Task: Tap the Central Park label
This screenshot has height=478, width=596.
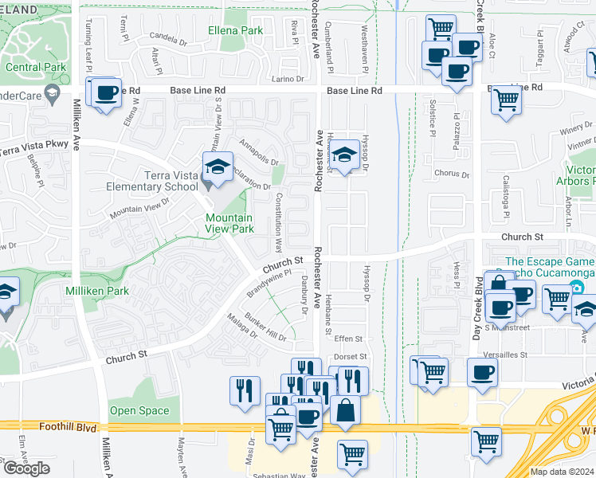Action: (x=34, y=67)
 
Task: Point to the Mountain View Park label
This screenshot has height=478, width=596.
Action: (x=229, y=223)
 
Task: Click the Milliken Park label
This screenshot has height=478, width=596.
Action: (x=97, y=292)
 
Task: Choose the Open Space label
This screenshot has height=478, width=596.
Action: (x=139, y=411)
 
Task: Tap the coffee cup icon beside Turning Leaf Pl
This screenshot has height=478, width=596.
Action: (x=106, y=93)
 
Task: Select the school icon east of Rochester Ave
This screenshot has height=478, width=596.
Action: (x=344, y=155)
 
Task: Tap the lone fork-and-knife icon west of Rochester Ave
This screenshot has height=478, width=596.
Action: (x=244, y=390)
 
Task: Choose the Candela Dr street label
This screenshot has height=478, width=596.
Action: (x=167, y=37)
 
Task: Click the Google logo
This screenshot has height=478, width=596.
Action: (x=26, y=468)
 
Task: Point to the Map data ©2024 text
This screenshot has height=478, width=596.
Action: (x=562, y=472)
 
